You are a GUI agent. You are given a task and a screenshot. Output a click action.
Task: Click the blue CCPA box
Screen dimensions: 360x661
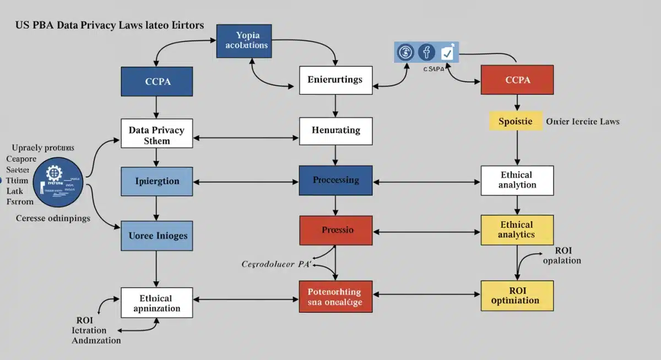(157, 81)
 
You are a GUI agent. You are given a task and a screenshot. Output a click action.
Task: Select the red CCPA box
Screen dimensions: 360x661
(517, 80)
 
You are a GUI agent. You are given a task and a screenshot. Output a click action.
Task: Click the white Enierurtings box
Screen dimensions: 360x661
(335, 80)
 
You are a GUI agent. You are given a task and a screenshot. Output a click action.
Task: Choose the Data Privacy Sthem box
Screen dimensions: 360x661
(157, 133)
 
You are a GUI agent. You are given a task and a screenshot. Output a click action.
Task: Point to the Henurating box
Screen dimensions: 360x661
(335, 130)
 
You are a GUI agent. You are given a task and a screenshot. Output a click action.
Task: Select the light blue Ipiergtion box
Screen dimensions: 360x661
(157, 181)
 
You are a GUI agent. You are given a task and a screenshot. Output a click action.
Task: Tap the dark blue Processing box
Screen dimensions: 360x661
(335, 180)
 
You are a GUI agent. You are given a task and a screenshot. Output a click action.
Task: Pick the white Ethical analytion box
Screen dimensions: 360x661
(517, 180)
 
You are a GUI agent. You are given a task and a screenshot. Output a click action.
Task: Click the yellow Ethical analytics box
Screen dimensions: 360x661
(517, 230)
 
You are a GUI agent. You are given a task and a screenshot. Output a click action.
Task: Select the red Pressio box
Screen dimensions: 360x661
(335, 230)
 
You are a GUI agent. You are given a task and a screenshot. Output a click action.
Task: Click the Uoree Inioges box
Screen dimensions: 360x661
(157, 236)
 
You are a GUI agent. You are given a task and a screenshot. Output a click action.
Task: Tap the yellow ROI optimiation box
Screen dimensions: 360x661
(517, 296)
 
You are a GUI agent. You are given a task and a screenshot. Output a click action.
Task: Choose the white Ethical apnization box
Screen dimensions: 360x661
(157, 303)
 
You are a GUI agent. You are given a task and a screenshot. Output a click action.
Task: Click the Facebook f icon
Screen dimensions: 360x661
(426, 53)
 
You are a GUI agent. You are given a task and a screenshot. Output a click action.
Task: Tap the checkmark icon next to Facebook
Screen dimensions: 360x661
(447, 53)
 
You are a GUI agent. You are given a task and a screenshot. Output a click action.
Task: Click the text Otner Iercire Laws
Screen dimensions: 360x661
(582, 121)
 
